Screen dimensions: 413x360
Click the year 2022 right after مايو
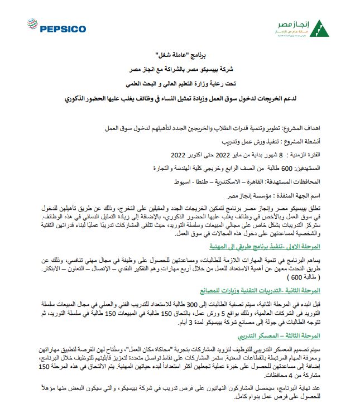tap(223, 154)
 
